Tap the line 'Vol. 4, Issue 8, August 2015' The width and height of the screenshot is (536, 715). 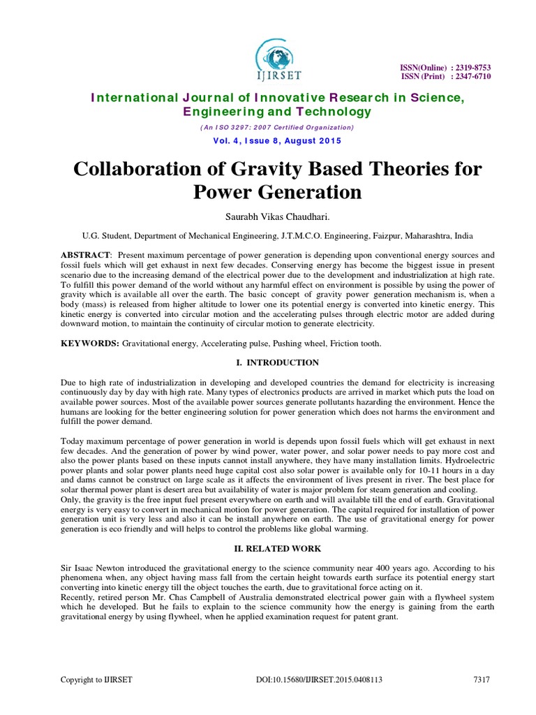[276, 141]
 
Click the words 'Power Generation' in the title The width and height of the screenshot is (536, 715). [277, 192]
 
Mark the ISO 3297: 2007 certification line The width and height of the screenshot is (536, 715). [277, 128]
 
